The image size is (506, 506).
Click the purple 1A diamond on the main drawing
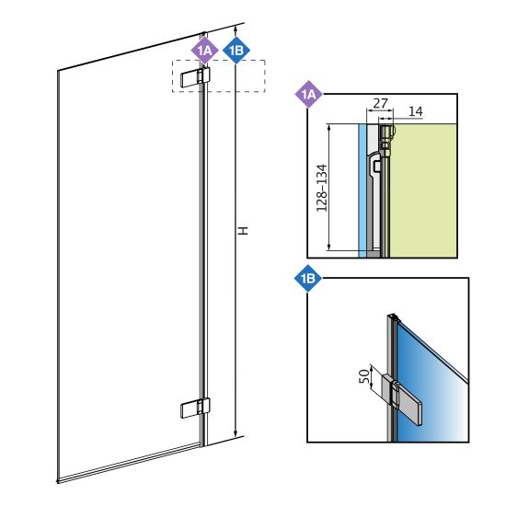tap(204, 51)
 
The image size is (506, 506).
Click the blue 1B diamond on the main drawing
tap(236, 51)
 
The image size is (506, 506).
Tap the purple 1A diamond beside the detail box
tap(309, 94)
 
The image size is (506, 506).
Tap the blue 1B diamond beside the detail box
tap(308, 278)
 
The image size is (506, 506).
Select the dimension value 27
tap(380, 103)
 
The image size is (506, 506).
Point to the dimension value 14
tap(415, 111)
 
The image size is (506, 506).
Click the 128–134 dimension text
tap(321, 188)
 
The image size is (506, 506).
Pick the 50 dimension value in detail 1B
tap(364, 376)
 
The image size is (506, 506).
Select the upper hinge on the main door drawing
tap(195, 77)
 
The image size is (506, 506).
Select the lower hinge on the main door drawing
tap(195, 408)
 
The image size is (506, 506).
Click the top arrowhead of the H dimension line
tap(236, 29)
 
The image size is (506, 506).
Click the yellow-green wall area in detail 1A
tap(423, 190)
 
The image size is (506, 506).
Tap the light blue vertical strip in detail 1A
tap(362, 190)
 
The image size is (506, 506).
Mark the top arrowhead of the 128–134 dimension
tap(328, 128)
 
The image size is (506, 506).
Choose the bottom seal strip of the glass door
tap(129, 463)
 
